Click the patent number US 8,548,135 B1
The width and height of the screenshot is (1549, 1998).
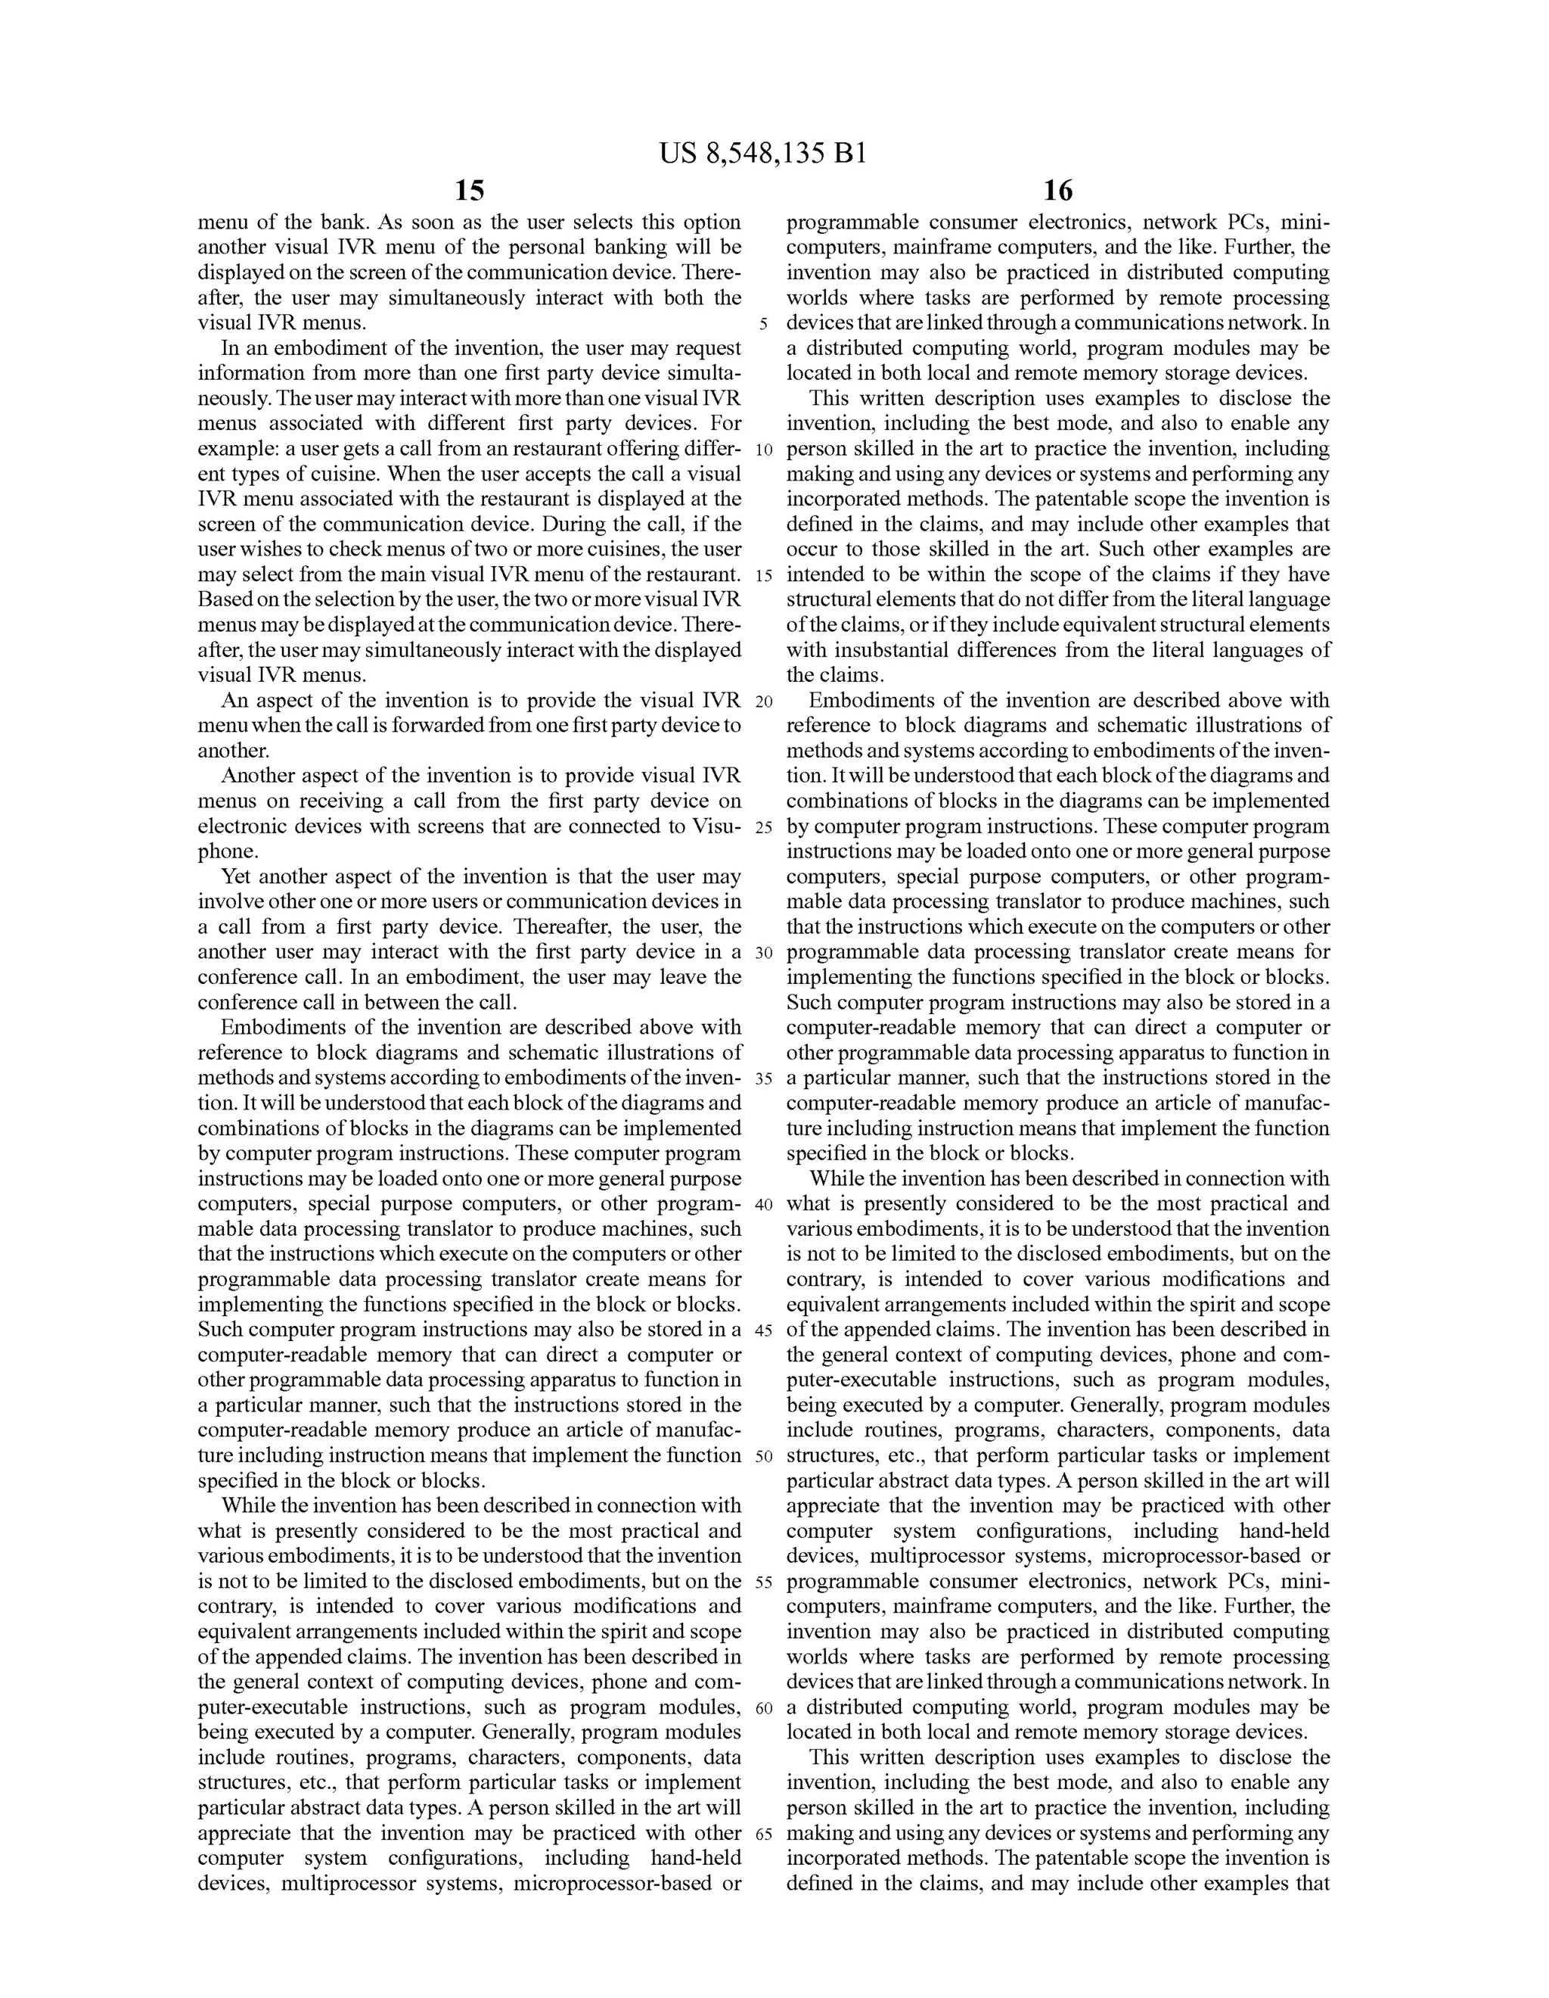(762, 154)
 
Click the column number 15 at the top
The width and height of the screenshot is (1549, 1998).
(469, 191)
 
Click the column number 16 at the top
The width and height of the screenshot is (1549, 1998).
(1057, 191)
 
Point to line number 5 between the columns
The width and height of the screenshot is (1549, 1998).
(762, 325)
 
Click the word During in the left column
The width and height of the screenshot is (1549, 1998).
(573, 524)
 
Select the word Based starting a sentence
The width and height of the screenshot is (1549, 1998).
(224, 600)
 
